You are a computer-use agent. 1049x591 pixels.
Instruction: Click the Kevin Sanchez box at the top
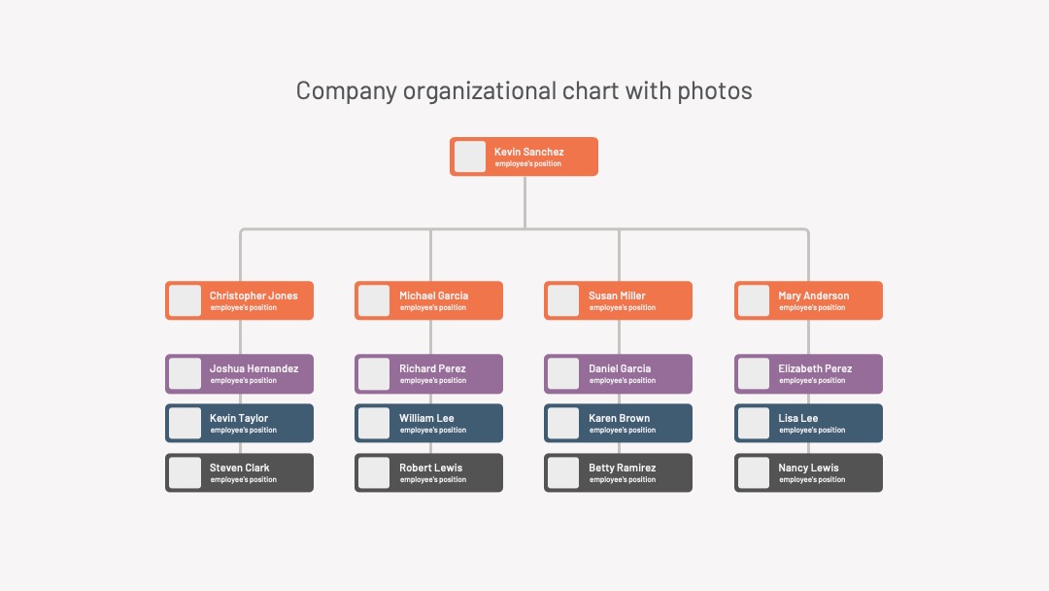point(524,156)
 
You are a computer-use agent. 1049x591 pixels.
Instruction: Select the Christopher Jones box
point(240,300)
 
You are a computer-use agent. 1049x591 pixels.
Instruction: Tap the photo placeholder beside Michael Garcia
point(374,300)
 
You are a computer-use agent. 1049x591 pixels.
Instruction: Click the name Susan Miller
point(617,295)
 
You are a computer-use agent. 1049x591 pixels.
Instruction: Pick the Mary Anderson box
point(808,300)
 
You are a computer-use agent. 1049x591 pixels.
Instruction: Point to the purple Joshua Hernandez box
point(240,373)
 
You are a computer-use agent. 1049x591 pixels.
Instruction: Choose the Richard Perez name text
point(432,368)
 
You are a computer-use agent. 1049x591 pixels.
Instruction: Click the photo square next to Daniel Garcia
point(563,373)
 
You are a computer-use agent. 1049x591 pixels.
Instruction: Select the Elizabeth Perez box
point(808,373)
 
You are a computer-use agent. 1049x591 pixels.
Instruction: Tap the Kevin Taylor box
point(240,423)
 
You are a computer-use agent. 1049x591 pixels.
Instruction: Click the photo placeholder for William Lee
point(374,423)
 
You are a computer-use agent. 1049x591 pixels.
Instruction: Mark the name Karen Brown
point(619,418)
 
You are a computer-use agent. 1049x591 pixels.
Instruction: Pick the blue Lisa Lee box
point(808,423)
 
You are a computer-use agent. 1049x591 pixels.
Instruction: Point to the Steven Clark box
point(240,472)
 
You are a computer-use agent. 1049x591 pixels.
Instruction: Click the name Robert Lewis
point(431,468)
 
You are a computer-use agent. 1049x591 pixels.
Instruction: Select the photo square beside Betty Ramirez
point(563,472)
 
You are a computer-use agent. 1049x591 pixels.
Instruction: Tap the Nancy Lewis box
point(808,472)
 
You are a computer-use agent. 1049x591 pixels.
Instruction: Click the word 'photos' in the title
point(715,91)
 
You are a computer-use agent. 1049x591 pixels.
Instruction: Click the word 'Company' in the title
point(347,91)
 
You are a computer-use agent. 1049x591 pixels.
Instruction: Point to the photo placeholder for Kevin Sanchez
point(470,156)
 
